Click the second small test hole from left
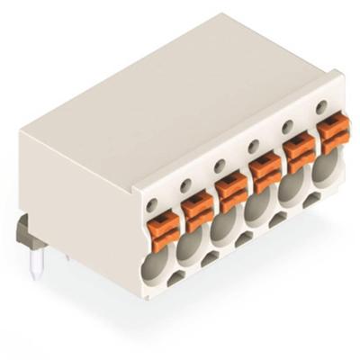185,185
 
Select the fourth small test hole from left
255,146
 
